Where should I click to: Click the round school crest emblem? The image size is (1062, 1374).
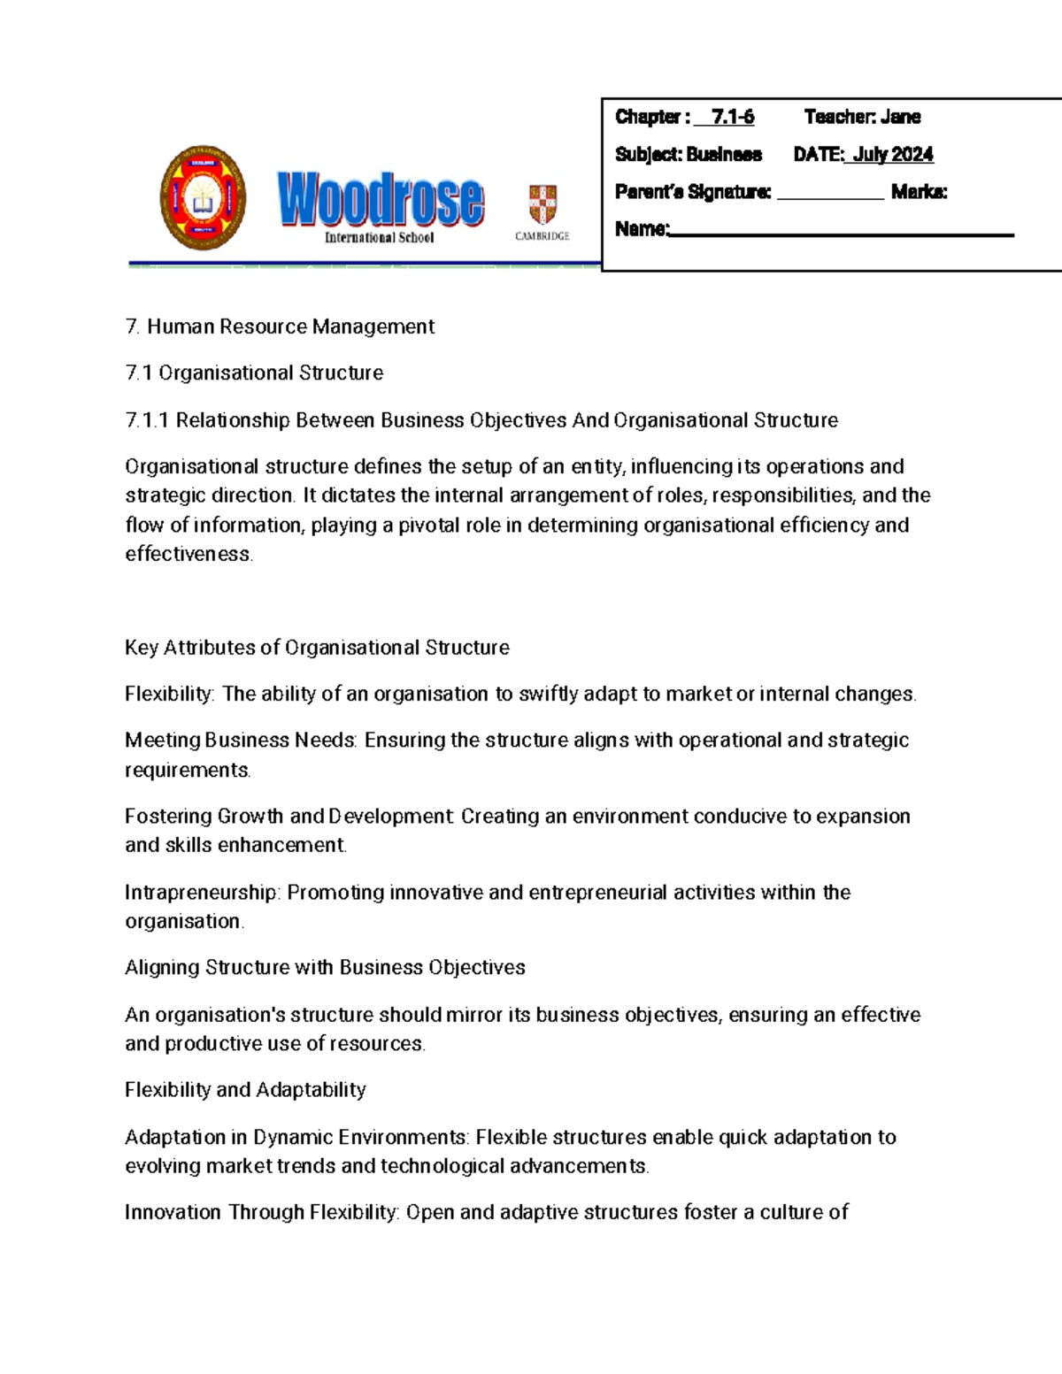pyautogui.click(x=203, y=198)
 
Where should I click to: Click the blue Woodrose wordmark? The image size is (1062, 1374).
pyautogui.click(x=381, y=199)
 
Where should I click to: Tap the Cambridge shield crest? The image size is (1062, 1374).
pyautogui.click(x=543, y=204)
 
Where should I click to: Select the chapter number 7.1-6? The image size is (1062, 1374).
pyautogui.click(x=732, y=117)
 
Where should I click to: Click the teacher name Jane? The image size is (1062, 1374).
pyautogui.click(x=900, y=117)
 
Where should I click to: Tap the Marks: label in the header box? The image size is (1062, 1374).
pyautogui.click(x=919, y=192)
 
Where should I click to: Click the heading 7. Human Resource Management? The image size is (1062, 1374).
pyautogui.click(x=280, y=326)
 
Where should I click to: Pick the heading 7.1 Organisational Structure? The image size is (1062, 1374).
pyautogui.click(x=254, y=373)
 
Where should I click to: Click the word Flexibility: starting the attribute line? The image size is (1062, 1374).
pyautogui.click(x=169, y=695)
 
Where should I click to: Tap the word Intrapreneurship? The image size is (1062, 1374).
pyautogui.click(x=202, y=893)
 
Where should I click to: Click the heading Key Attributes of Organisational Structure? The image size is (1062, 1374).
pyautogui.click(x=317, y=648)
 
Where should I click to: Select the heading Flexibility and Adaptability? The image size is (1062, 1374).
pyautogui.click(x=245, y=1090)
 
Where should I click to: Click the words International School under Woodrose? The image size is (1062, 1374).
pyautogui.click(x=379, y=237)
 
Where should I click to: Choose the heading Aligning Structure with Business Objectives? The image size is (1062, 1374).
pyautogui.click(x=325, y=968)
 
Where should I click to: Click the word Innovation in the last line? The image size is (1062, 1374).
pyautogui.click(x=173, y=1212)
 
